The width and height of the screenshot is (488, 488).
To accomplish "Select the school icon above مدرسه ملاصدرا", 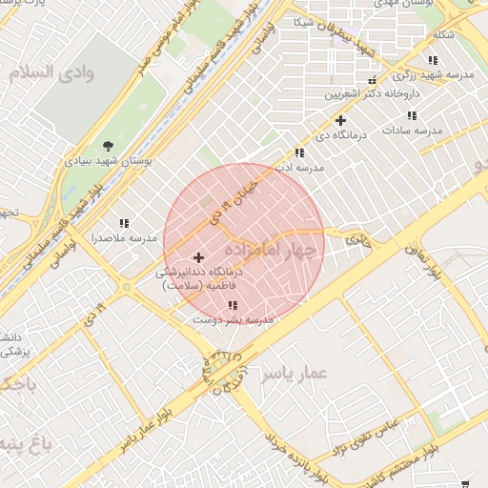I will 124,222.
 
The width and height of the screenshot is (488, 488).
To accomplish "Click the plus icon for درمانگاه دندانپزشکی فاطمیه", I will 198,257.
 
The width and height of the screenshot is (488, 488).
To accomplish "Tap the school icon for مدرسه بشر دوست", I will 233,306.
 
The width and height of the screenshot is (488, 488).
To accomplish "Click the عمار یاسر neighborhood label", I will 295,372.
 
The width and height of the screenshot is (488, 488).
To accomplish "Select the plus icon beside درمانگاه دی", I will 339,120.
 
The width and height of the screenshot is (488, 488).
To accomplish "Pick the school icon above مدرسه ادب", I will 300,152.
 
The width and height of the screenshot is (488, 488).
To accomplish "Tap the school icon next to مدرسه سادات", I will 411,115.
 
